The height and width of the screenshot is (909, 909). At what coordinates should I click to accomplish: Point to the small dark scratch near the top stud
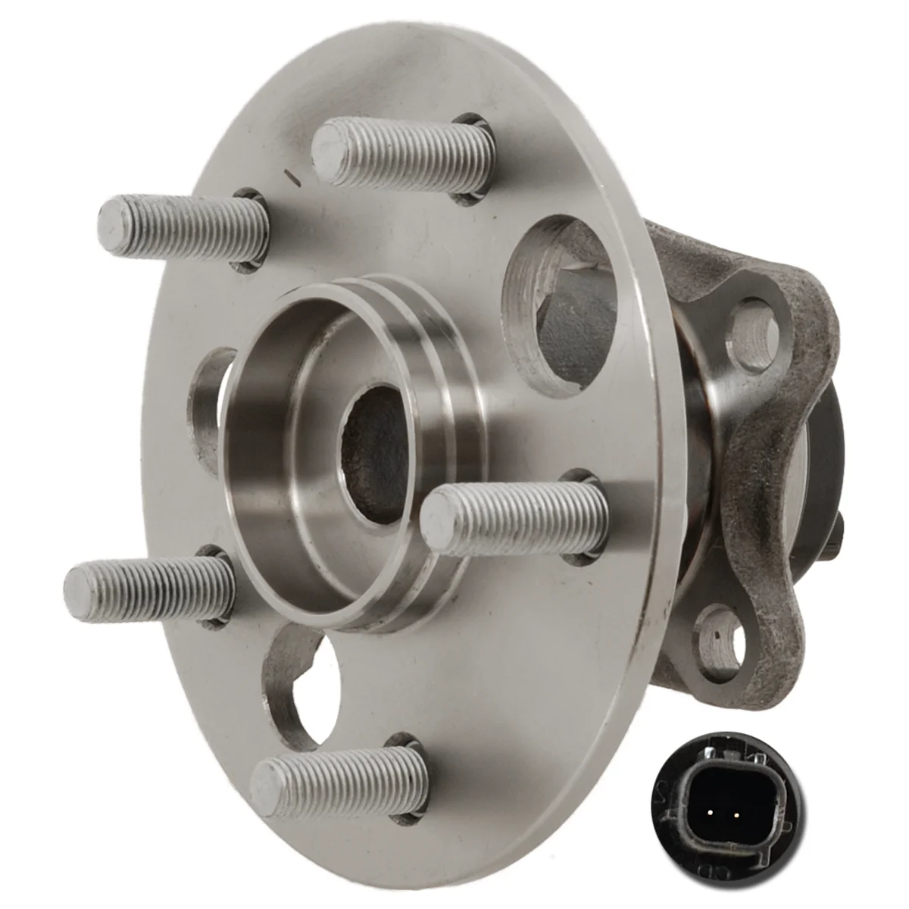point(293,176)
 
